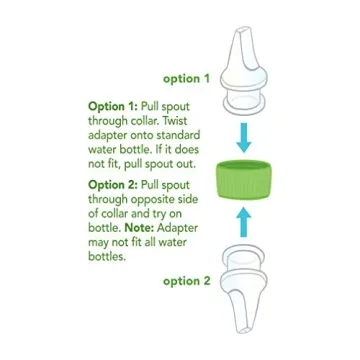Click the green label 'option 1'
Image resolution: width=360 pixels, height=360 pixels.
click(x=186, y=77)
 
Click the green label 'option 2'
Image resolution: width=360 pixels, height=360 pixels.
click(x=187, y=281)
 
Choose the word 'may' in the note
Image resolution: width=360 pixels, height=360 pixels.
click(x=99, y=242)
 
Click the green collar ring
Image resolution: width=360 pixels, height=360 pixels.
click(x=244, y=182)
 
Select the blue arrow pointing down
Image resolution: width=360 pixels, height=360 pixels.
click(x=242, y=139)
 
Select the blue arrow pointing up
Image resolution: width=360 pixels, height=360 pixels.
click(x=243, y=222)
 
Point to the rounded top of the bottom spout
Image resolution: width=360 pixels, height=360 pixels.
click(x=242, y=261)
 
